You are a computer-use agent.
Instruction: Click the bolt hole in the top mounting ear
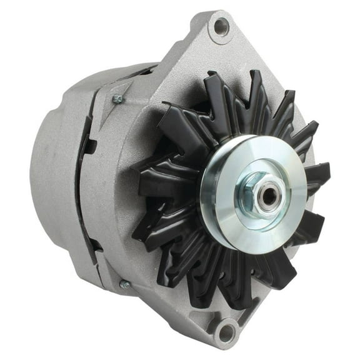(x=221, y=26)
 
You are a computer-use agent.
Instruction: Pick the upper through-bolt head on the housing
(x=116, y=99)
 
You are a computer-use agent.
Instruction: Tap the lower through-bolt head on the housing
(x=124, y=284)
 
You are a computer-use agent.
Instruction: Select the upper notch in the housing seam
(x=91, y=147)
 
